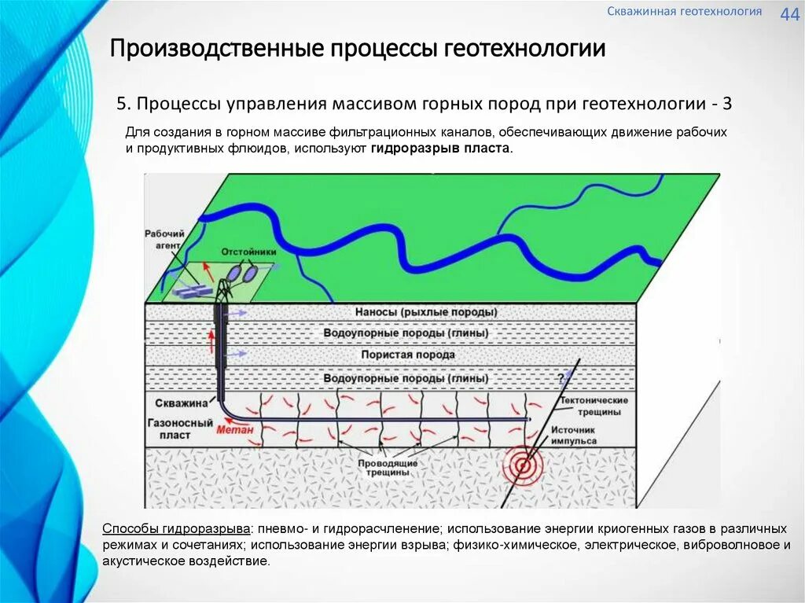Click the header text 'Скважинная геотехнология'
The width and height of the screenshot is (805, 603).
pos(684,12)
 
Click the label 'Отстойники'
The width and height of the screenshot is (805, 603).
pos(248,252)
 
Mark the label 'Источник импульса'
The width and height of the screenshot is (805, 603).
pos(573,436)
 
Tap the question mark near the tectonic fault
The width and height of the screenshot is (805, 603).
pos(561,376)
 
